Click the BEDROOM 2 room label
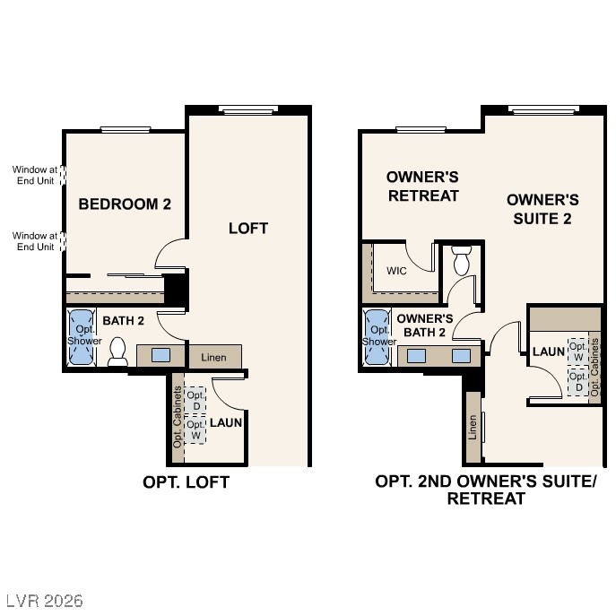click(x=125, y=204)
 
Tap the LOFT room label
click(x=248, y=228)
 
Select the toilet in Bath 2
click(x=117, y=352)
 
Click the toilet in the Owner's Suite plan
click(x=462, y=259)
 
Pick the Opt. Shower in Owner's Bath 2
click(x=378, y=336)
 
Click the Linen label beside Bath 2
click(x=213, y=358)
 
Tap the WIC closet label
click(x=398, y=271)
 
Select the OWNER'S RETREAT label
click(x=422, y=186)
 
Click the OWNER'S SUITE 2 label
click(x=542, y=209)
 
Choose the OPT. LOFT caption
click(x=187, y=482)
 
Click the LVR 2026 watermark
click(x=43, y=599)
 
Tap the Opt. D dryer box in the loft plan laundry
click(x=195, y=400)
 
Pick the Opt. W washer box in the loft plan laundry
click(x=195, y=429)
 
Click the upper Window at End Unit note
click(x=33, y=174)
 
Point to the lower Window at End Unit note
click(x=33, y=241)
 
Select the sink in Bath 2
click(x=161, y=355)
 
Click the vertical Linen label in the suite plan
click(x=473, y=427)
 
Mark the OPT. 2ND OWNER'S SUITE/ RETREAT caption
click(x=486, y=490)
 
